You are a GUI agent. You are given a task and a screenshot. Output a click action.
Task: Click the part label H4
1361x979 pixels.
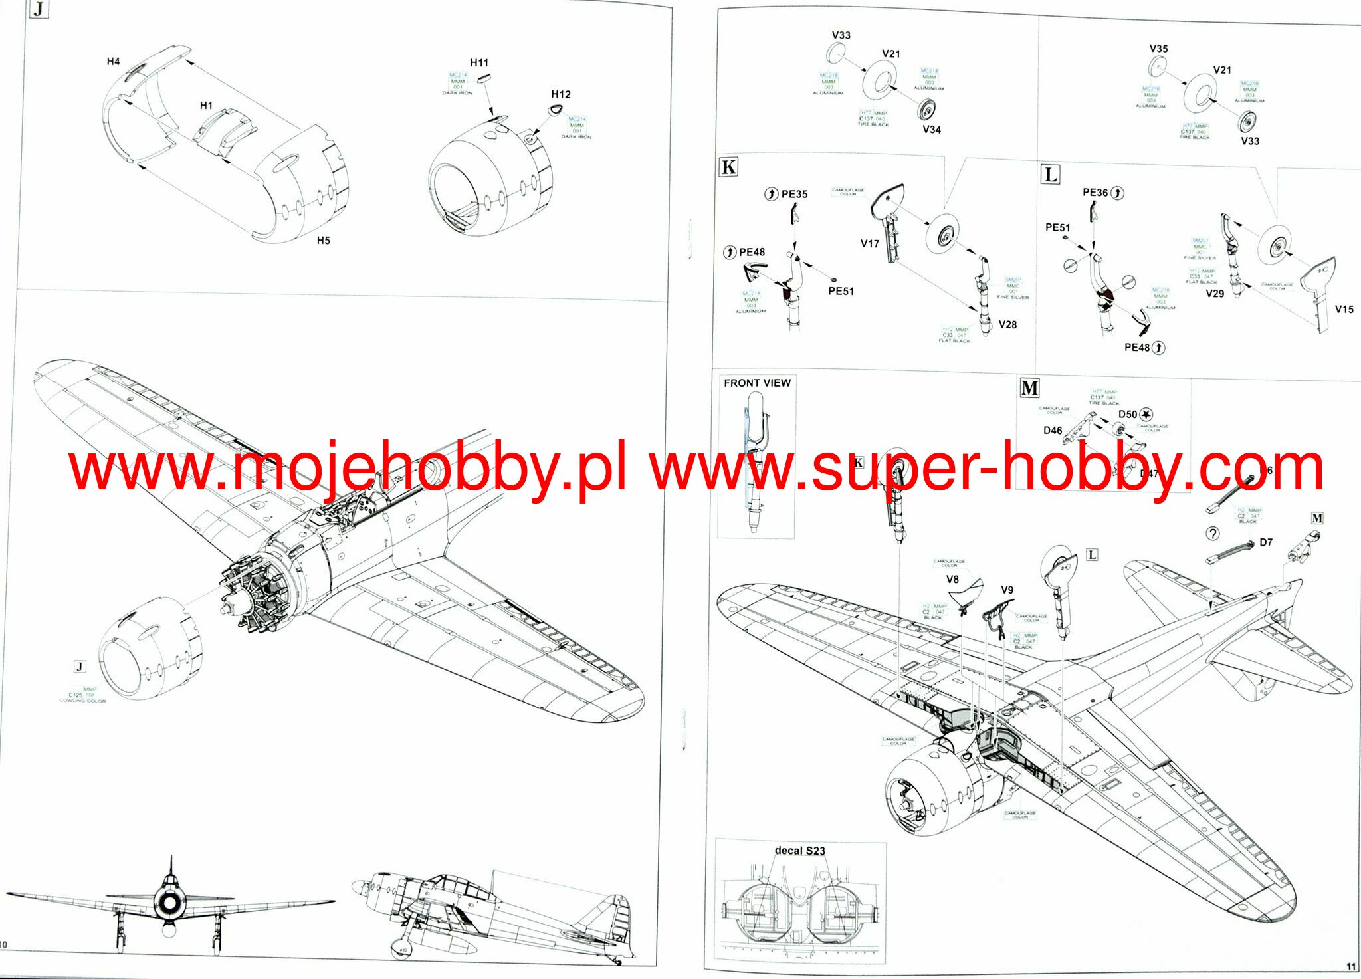pyautogui.click(x=114, y=62)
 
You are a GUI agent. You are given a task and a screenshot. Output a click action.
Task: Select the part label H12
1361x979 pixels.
pyautogui.click(x=560, y=94)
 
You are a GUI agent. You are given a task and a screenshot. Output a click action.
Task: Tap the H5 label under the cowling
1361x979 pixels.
pyautogui.click(x=323, y=241)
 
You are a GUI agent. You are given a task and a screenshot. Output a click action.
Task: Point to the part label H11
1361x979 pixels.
pyautogui.click(x=479, y=63)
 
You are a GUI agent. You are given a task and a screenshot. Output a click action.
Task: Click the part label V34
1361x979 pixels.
pyautogui.click(x=931, y=130)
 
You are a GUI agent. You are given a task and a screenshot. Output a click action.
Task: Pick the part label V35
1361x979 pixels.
pyautogui.click(x=1158, y=49)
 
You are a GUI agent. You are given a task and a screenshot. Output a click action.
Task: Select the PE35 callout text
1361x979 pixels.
pyautogui.click(x=794, y=194)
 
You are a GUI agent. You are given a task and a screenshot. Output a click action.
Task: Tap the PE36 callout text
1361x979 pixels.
pyautogui.click(x=1095, y=193)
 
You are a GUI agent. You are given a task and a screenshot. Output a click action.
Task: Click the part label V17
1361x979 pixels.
pyautogui.click(x=869, y=244)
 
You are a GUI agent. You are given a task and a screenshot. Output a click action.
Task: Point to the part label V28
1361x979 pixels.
pyautogui.click(x=1007, y=324)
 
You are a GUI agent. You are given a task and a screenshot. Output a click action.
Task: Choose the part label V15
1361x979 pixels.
pyautogui.click(x=1344, y=309)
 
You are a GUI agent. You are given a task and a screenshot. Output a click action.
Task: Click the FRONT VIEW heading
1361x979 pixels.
pyautogui.click(x=757, y=383)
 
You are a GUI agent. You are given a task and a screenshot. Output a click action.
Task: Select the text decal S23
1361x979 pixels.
pyautogui.click(x=799, y=851)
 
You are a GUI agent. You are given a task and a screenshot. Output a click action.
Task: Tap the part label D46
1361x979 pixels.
pyautogui.click(x=1053, y=431)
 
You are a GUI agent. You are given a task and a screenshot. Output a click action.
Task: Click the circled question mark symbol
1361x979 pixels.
pyautogui.click(x=1213, y=534)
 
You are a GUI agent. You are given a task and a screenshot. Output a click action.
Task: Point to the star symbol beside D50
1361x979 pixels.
pyautogui.click(x=1146, y=415)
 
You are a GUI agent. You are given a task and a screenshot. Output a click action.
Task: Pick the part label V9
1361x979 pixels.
pyautogui.click(x=1007, y=590)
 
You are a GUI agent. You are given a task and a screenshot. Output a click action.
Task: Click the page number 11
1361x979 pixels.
pyautogui.click(x=1350, y=966)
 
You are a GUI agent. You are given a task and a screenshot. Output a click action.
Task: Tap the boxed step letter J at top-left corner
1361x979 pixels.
pyautogui.click(x=39, y=9)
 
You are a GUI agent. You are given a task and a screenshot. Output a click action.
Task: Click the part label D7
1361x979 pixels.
pyautogui.click(x=1266, y=542)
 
